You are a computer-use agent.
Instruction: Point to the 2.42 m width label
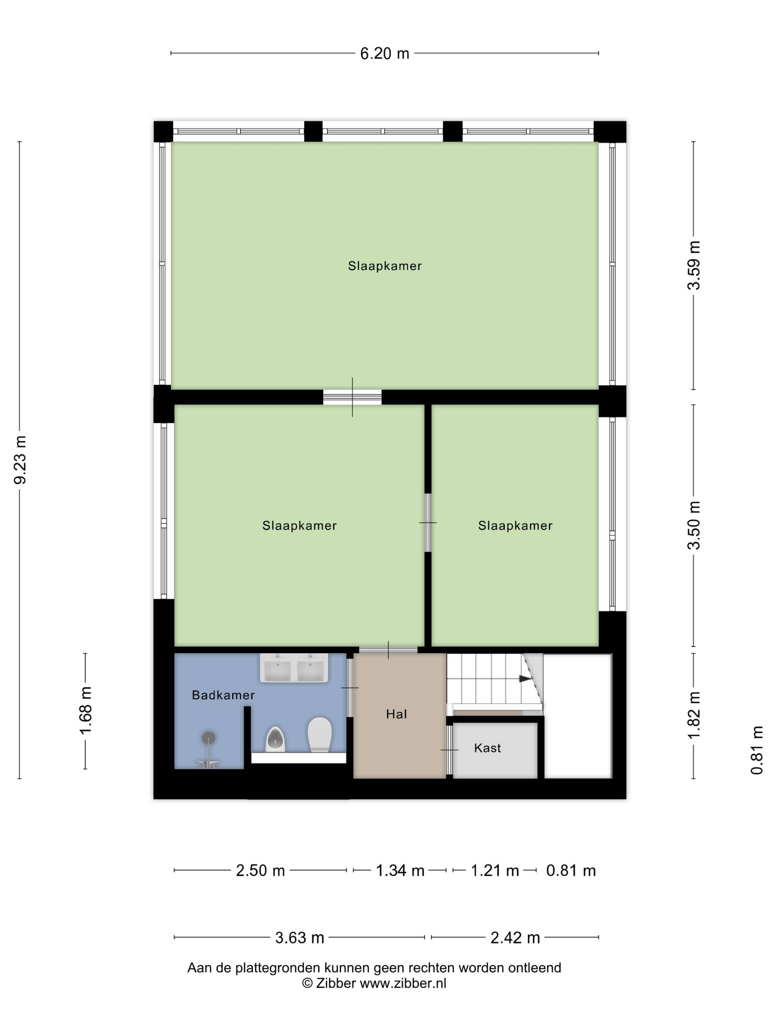pyautogui.click(x=515, y=938)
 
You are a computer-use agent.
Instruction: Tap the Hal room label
pyautogui.click(x=396, y=714)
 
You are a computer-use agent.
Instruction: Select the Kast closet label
pyautogui.click(x=487, y=748)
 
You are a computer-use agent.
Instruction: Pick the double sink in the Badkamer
pyautogui.click(x=294, y=668)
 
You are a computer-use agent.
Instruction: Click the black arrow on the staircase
pyautogui.click(x=525, y=678)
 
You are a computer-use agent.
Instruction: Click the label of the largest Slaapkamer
pyautogui.click(x=385, y=266)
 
